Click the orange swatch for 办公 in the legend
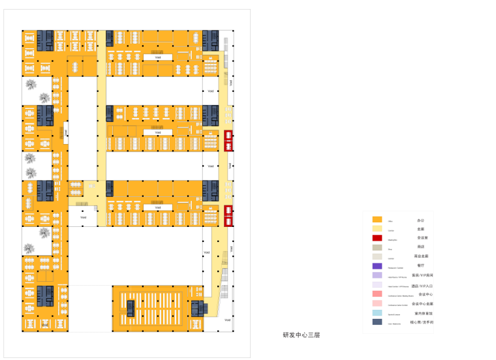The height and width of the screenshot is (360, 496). click(x=377, y=220)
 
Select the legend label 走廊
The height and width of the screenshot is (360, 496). click(x=421, y=230)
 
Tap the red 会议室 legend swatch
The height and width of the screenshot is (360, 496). click(x=377, y=239)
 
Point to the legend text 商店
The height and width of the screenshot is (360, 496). click(x=421, y=248)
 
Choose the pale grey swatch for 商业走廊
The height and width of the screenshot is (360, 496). click(x=377, y=257)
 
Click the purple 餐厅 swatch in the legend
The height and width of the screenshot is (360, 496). click(x=377, y=266)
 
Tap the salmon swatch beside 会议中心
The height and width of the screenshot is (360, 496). click(x=377, y=294)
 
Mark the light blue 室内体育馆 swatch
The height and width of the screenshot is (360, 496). click(x=377, y=312)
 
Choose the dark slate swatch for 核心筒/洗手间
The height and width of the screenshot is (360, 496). click(x=377, y=322)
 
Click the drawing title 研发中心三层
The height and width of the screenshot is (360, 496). click(x=301, y=335)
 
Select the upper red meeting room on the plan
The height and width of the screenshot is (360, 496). click(x=228, y=140)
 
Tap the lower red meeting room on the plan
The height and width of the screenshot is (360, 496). click(x=228, y=213)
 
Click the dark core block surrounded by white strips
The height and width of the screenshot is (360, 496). click(x=131, y=307)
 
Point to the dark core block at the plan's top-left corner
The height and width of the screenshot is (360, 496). click(x=44, y=40)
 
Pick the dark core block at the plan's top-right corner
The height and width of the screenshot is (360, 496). click(x=210, y=40)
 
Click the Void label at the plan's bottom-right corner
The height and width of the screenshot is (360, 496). click(x=226, y=320)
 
